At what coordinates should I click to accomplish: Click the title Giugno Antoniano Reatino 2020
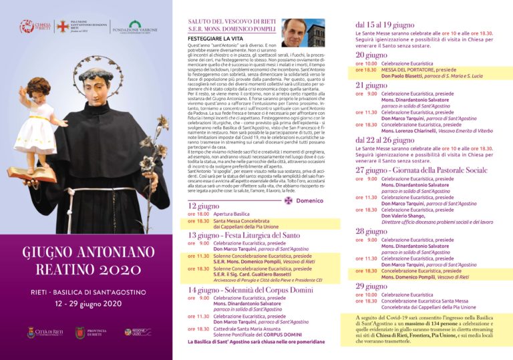pos(85,261)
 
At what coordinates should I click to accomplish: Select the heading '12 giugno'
pos(203,206)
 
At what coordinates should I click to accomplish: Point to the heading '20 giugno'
pos(371,55)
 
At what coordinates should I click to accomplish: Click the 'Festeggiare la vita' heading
pos(214,40)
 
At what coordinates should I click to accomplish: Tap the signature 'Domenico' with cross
pos(304,200)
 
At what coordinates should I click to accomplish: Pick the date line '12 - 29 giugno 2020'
pos(85,303)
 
